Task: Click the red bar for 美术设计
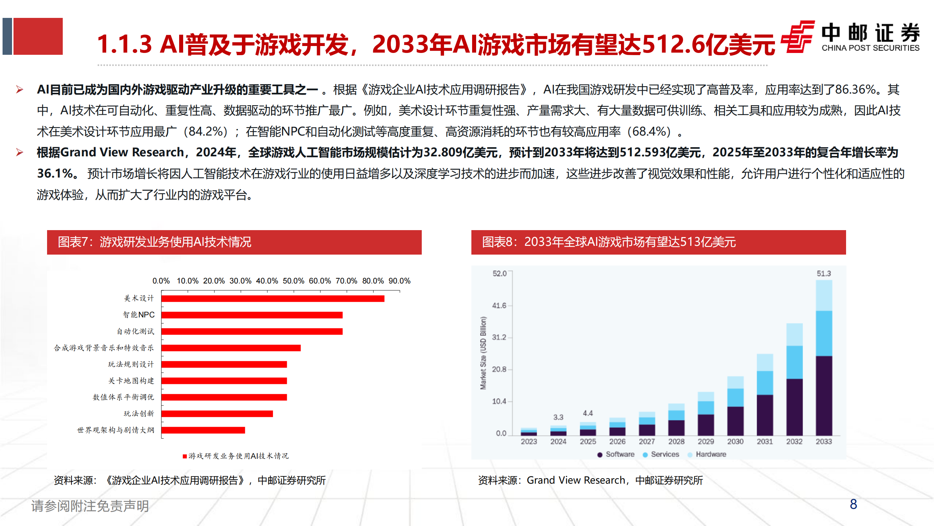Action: tap(273, 298)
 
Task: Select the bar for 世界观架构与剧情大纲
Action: tap(203, 430)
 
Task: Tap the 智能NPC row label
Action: tap(139, 315)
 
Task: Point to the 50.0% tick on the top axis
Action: tap(293, 281)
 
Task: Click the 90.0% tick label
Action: tap(399, 281)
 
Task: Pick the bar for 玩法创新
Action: tap(217, 413)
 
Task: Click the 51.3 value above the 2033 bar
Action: tap(823, 274)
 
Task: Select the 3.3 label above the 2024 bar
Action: tap(558, 417)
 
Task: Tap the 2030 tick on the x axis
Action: tap(735, 441)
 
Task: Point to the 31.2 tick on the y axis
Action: tap(499, 337)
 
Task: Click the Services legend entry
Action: tap(664, 454)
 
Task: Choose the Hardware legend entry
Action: tap(710, 454)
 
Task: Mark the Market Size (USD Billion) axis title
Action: tap(483, 353)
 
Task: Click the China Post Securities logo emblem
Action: tap(798, 37)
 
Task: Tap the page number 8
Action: tap(853, 504)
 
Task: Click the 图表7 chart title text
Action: tap(154, 242)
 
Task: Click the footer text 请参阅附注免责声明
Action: tap(90, 506)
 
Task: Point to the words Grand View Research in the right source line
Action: tap(576, 480)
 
